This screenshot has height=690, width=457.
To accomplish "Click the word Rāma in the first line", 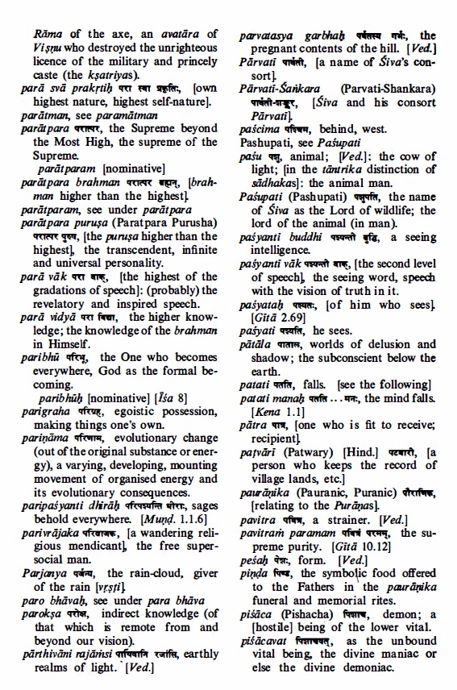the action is pyautogui.click(x=48, y=35).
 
